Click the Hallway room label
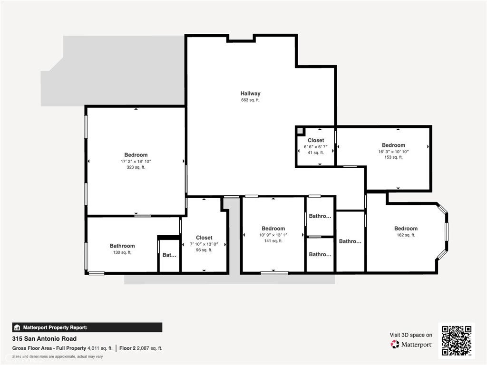coord(250,94)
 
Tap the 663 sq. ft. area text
coord(250,100)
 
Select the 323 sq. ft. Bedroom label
coord(136,155)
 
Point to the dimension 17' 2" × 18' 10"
coord(136,162)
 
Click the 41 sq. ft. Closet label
coord(316,140)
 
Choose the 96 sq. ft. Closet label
coord(204,238)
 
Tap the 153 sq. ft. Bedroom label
coord(393,145)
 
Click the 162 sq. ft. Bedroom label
coord(406,229)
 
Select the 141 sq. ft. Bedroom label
coord(273,229)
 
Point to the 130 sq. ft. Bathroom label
coord(122,246)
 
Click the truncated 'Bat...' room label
coord(169,255)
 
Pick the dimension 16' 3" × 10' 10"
coord(393,152)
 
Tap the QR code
coord(456,340)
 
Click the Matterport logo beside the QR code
coord(411,344)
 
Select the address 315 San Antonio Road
coord(44,339)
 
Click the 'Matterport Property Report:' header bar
coord(87,327)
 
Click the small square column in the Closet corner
coord(300,130)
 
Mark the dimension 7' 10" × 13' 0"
coord(204,244)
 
